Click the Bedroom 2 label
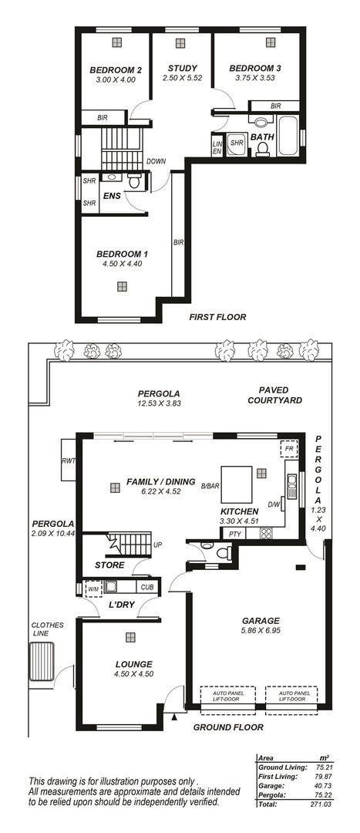tap(115, 69)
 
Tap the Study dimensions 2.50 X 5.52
tap(183, 78)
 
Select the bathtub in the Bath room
tap(288, 135)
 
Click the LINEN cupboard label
tap(217, 147)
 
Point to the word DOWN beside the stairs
tap(156, 161)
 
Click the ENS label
tap(112, 196)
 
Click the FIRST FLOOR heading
tap(217, 317)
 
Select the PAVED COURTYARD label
tap(274, 396)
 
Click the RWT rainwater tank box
tap(69, 460)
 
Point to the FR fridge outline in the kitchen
tap(289, 448)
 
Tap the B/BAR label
tap(210, 485)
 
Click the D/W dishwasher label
tap(274, 504)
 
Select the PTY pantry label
tap(234, 534)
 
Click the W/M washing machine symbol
tap(94, 589)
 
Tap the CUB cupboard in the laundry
tap(147, 587)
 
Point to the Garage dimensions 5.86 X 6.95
tap(261, 630)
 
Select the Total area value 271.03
tap(321, 820)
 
